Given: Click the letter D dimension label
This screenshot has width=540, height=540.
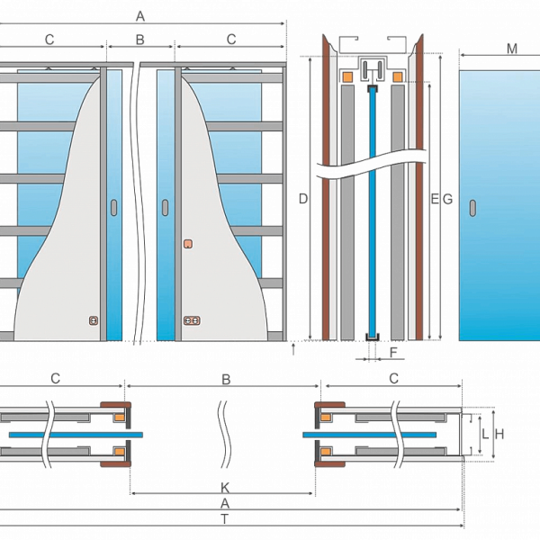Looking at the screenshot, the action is [x=303, y=199].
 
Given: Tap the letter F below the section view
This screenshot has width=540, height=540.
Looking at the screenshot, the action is [x=393, y=352].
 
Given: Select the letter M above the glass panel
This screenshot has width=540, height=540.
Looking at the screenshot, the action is [x=512, y=49].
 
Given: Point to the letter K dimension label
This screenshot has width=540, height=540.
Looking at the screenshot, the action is [x=225, y=488].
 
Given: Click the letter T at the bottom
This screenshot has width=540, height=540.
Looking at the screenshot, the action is [x=224, y=518].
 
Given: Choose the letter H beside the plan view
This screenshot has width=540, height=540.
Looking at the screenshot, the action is [x=499, y=435].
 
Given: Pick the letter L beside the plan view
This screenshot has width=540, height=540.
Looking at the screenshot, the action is [x=485, y=435].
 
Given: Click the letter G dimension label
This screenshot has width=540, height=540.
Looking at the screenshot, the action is [x=447, y=199].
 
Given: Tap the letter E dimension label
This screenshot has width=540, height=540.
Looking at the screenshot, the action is [x=435, y=199].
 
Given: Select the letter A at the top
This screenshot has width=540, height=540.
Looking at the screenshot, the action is [x=140, y=16].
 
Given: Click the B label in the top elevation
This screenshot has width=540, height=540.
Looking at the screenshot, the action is [x=139, y=40].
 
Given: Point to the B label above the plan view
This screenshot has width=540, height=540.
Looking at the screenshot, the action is [x=226, y=380].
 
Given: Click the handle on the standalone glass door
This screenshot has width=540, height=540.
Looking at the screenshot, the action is [x=472, y=208].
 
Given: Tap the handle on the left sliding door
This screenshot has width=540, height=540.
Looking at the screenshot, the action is [x=113, y=208].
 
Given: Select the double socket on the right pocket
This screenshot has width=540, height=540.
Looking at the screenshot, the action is [x=192, y=320].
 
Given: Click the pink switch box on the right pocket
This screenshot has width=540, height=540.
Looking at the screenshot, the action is [x=188, y=244].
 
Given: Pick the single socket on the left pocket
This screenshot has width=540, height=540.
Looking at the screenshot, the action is [x=94, y=320].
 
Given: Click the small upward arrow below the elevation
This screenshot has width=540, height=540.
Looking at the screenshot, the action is [x=293, y=349].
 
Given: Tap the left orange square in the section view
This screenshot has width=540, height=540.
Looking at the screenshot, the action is [x=347, y=76].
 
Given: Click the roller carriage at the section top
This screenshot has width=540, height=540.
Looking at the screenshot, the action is [x=373, y=70].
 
